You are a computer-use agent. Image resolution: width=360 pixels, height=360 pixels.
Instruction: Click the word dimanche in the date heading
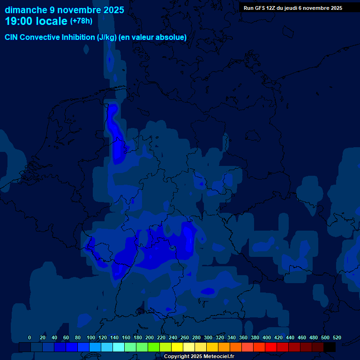coord(26,10)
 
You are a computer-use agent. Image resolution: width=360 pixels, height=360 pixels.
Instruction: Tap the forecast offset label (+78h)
coord(81,21)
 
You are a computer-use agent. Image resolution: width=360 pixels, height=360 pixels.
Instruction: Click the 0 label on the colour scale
coord(30,337)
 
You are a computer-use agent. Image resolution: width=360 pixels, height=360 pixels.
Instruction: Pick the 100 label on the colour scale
coord(91,337)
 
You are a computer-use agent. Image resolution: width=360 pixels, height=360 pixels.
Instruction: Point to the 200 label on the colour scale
coord(150,337)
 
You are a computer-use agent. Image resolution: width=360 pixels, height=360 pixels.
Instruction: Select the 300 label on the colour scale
coord(208,337)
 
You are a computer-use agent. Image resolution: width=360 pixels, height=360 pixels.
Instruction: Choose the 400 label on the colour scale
coord(267,337)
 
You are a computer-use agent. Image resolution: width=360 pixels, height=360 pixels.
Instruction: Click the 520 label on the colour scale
coord(337,337)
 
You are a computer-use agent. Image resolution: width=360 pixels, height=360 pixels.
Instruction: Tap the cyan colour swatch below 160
coord(119,347)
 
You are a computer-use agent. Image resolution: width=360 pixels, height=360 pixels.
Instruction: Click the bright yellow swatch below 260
coord(177,347)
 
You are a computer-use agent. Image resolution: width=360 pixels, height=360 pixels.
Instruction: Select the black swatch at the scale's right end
coord(330,347)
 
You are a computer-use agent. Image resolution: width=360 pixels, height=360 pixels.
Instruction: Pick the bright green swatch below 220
coord(154,347)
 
